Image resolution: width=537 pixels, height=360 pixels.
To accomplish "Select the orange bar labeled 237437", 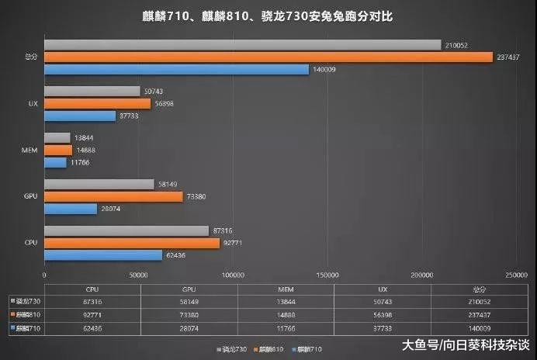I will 268,57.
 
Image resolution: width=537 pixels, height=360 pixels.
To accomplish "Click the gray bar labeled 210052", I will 243,45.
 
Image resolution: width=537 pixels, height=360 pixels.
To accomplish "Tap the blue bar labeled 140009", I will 177,70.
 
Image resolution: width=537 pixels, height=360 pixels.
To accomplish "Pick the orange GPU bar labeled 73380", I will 114,196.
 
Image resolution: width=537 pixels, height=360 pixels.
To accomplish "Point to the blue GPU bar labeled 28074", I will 71,209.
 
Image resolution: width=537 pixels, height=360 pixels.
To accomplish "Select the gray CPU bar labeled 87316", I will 126,231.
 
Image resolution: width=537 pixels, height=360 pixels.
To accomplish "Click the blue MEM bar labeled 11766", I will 55,162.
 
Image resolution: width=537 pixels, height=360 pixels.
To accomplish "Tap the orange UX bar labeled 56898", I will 98,103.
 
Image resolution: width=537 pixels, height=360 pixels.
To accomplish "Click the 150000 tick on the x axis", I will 327,275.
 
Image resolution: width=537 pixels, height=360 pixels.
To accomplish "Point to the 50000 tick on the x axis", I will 139,275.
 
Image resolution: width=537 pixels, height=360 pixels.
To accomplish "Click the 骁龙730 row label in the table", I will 26,301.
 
